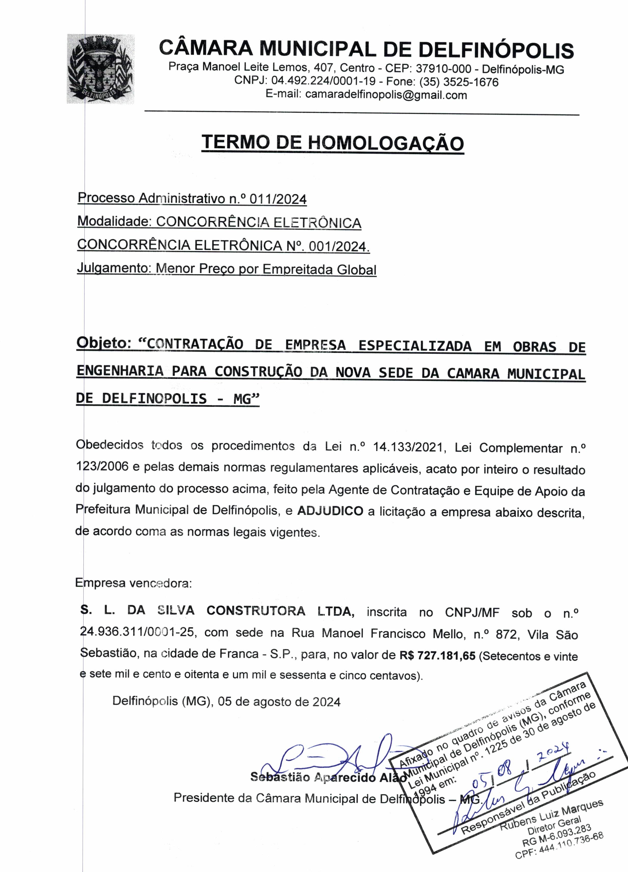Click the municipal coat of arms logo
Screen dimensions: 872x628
point(101,69)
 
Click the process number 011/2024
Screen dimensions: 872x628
point(278,199)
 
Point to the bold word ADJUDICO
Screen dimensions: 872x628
point(330,511)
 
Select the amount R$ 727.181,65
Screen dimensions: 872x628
point(438,655)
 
